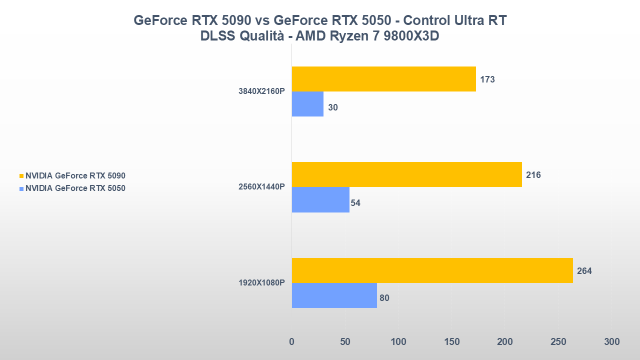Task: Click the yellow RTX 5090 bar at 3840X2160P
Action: click(383, 79)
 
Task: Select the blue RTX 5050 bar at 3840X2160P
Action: click(307, 104)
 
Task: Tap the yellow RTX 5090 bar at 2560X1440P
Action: click(406, 174)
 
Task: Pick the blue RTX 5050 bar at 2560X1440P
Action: click(320, 200)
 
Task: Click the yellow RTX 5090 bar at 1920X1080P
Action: click(432, 270)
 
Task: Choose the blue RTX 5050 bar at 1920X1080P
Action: click(334, 295)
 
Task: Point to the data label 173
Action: click(487, 79)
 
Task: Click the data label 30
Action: click(333, 107)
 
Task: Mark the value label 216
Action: click(533, 175)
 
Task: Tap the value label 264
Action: click(584, 271)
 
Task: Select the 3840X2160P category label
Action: click(261, 91)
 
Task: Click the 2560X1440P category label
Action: click(261, 187)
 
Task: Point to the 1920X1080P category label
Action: click(261, 283)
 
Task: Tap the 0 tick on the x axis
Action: click(292, 342)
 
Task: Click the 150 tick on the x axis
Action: click(451, 342)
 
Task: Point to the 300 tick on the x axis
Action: click(611, 342)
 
